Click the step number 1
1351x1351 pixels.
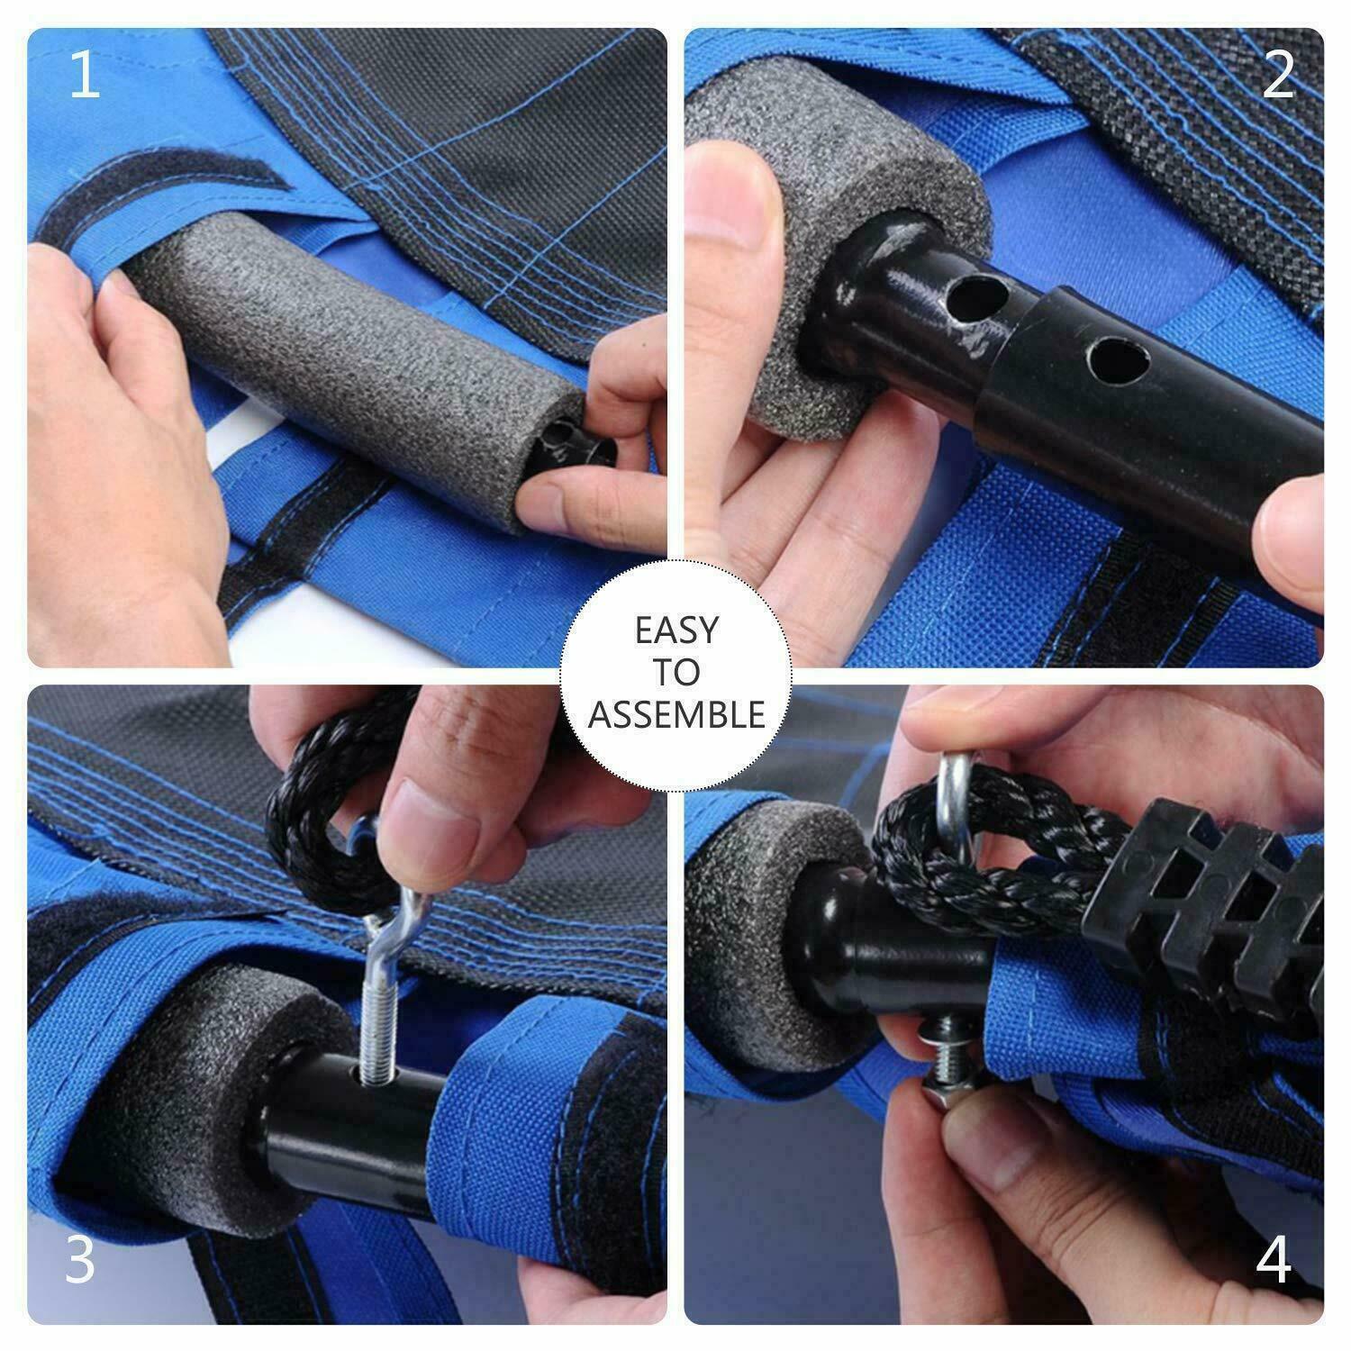click(x=84, y=77)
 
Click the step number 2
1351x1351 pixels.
click(x=1279, y=77)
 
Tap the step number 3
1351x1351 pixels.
click(x=80, y=1261)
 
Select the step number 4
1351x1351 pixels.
click(x=1274, y=1261)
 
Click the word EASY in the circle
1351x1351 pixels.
click(x=676, y=630)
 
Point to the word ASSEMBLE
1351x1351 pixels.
click(x=676, y=714)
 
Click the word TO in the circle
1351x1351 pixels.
click(x=676, y=672)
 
